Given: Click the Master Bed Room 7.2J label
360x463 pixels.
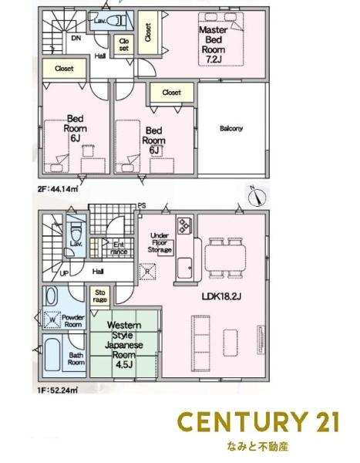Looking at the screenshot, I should (x=212, y=43).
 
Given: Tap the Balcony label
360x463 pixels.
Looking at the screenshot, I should (x=230, y=128).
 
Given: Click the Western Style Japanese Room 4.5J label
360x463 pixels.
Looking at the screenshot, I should (x=123, y=344).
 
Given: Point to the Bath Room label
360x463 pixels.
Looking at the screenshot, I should (x=76, y=359).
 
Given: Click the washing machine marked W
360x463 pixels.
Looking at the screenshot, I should (x=51, y=319).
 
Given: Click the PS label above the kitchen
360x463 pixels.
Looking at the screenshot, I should (x=142, y=205).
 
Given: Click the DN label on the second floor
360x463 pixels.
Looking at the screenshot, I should (x=76, y=38).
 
